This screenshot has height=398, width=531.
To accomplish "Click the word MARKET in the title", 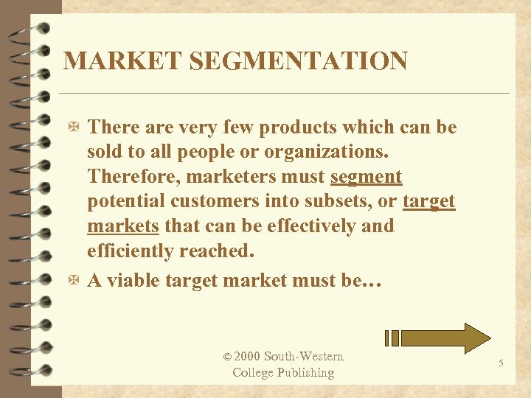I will [111, 60].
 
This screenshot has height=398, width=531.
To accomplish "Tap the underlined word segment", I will [367, 177].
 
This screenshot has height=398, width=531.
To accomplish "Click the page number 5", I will [501, 363].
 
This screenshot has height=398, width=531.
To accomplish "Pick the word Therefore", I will [133, 177].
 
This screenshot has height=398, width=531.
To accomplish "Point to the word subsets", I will [329, 202].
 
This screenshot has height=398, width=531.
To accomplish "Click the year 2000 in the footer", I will [247, 357].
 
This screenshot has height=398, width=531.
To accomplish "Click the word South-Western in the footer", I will [304, 357].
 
